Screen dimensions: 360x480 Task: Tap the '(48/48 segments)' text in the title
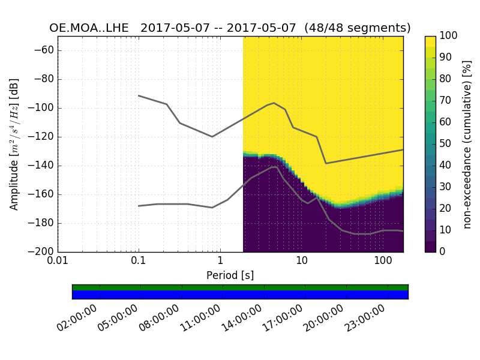(x=358, y=28)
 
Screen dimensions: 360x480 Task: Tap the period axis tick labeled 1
(x=220, y=261)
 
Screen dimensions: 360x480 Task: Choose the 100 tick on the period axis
(x=383, y=261)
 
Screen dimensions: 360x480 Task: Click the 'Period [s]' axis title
(x=230, y=275)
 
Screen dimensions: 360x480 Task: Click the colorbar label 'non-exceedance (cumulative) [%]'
(x=468, y=144)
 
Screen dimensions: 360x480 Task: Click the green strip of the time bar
(x=240, y=287)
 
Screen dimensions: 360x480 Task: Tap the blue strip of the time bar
(x=240, y=295)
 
